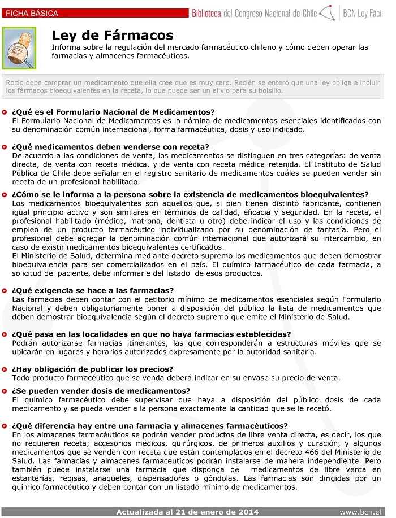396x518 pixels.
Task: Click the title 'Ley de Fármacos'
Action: click(x=113, y=36)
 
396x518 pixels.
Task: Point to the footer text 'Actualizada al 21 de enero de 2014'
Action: click(x=187, y=512)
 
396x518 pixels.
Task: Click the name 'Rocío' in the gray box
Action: click(x=15, y=82)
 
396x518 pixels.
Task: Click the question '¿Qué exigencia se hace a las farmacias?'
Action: click(x=93, y=291)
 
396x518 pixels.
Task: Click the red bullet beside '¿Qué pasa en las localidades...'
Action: click(x=5, y=334)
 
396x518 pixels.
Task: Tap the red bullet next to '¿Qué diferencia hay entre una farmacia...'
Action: click(x=5, y=426)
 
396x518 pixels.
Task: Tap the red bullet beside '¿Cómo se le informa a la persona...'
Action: click(x=5, y=194)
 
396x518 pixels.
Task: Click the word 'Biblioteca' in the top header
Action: click(x=211, y=12)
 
